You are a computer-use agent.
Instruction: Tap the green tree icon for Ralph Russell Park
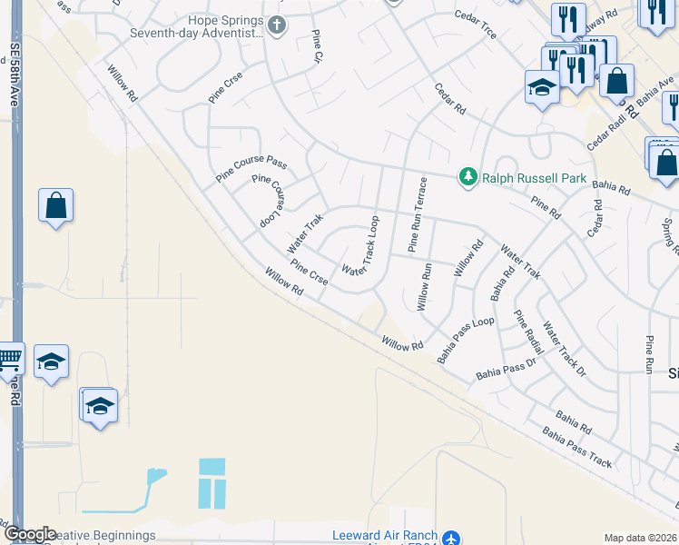[x=468, y=176]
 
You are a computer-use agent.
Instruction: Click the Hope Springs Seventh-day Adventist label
[x=225, y=27]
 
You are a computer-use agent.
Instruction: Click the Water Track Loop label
[x=359, y=246]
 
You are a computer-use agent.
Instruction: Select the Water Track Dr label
[x=565, y=349]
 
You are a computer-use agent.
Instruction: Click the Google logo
[x=30, y=534]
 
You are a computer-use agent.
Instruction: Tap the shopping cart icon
[x=8, y=361]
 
